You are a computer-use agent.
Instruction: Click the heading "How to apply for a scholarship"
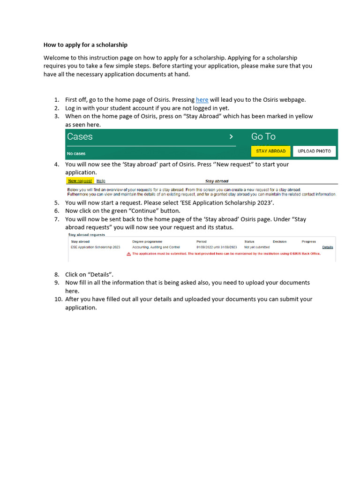point(85,45)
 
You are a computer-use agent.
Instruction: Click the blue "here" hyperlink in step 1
point(202,100)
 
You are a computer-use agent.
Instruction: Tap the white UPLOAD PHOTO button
point(314,151)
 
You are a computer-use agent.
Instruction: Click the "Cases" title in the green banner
point(80,137)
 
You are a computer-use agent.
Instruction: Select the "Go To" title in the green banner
point(263,137)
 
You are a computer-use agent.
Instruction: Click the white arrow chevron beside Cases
point(231,137)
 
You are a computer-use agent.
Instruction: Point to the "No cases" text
point(76,153)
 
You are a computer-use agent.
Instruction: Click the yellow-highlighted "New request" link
point(80,180)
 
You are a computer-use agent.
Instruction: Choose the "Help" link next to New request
point(101,180)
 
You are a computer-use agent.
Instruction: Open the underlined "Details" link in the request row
point(327,247)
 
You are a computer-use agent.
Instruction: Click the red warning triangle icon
point(129,254)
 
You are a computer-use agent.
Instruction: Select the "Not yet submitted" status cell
point(257,247)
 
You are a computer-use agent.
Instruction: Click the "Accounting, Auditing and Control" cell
point(156,247)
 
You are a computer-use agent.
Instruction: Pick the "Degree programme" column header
point(147,241)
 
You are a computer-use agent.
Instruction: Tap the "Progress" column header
point(308,241)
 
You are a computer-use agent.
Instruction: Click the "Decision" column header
point(279,241)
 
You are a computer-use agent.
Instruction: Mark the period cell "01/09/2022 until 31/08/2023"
point(217,247)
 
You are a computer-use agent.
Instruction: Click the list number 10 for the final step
point(56,299)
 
